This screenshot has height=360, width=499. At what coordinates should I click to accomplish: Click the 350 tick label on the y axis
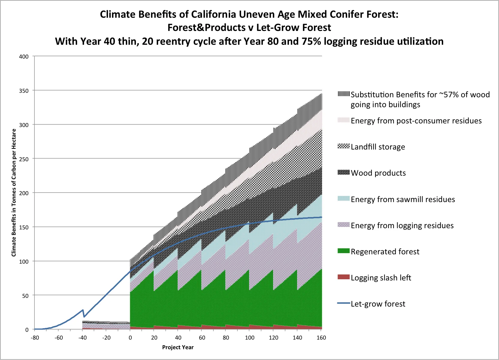click(24, 91)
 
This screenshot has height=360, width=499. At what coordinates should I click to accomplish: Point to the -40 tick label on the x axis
click(83, 338)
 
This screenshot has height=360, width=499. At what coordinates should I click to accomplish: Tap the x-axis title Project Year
click(178, 347)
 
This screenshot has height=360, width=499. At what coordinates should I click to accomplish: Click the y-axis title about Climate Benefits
click(14, 193)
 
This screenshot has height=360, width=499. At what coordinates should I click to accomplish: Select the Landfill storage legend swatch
click(344, 146)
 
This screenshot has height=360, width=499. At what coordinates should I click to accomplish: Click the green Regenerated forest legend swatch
click(344, 251)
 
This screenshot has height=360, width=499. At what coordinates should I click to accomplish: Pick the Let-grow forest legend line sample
click(344, 304)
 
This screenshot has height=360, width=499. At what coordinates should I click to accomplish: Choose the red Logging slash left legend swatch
click(344, 277)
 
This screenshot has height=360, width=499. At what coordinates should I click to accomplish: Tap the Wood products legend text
click(378, 173)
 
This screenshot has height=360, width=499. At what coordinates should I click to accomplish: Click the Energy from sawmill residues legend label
click(403, 199)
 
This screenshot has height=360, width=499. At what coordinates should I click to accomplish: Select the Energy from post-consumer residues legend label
click(416, 121)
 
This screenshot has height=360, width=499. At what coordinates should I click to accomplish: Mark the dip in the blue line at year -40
click(84, 316)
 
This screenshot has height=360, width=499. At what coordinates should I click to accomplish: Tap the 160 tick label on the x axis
click(321, 338)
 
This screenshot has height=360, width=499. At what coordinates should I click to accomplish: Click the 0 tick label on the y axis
click(27, 330)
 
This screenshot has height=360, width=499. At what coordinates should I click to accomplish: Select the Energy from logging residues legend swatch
click(344, 225)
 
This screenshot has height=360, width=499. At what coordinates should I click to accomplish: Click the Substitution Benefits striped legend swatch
click(344, 94)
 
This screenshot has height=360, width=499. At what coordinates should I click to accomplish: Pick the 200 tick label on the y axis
click(24, 193)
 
